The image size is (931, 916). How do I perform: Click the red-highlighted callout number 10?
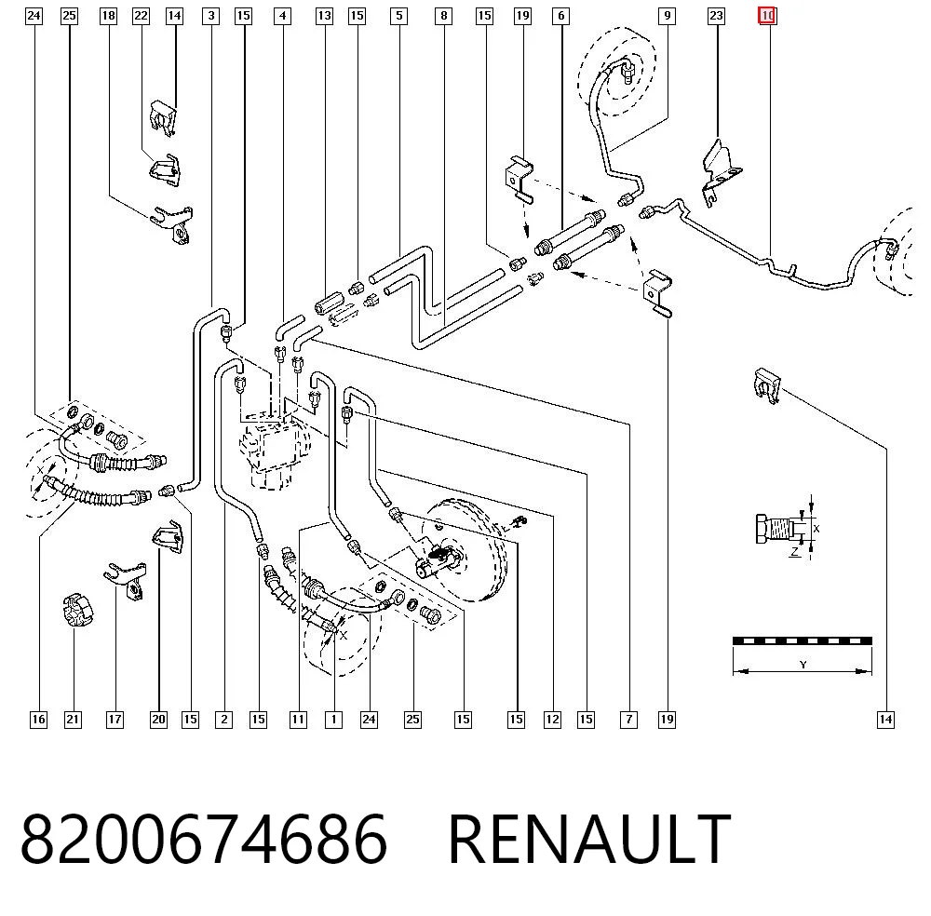coord(767,16)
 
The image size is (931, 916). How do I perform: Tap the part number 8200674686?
coord(204,839)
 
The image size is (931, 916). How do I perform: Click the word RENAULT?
coord(589,839)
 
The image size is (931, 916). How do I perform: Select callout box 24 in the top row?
coord(34,16)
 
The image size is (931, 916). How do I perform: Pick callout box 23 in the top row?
coord(717,16)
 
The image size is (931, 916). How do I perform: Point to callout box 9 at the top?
coord(668,16)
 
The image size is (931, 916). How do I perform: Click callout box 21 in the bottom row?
coord(73,720)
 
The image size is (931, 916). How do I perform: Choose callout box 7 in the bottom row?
coord(628,720)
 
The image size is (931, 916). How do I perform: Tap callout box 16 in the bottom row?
coord(38,720)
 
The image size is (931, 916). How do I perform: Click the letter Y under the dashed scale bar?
coord(803,665)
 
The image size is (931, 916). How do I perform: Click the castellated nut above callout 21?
coord(78,609)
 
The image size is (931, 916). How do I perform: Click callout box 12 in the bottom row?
coord(552,720)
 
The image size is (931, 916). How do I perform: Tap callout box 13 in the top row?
coord(324,16)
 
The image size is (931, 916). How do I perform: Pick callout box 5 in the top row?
coord(399,16)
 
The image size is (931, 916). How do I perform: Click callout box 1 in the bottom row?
coord(333,720)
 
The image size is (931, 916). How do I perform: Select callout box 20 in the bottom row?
coord(158,720)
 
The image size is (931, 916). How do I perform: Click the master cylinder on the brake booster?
coord(439,561)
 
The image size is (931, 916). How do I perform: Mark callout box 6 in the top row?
coord(561,16)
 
